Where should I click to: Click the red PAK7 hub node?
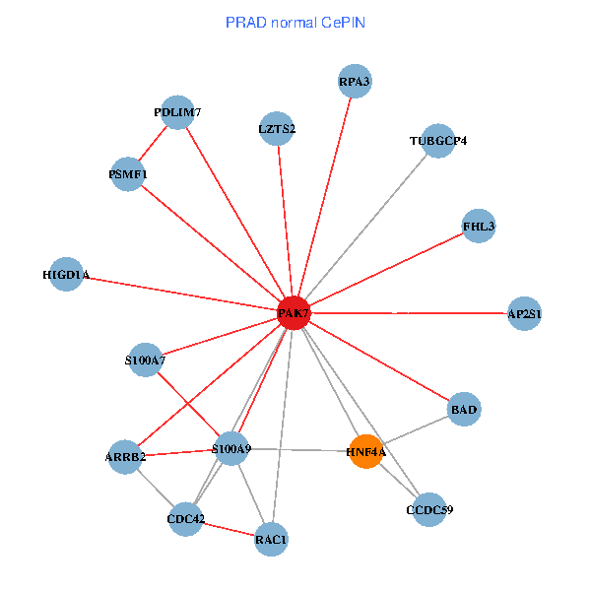tap(294, 313)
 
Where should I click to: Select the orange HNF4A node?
tap(365, 451)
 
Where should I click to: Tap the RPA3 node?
tap(354, 82)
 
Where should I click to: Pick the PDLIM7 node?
tap(177, 112)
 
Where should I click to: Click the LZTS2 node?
tap(277, 128)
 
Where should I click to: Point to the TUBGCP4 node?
tap(437, 140)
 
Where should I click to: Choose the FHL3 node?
tap(478, 227)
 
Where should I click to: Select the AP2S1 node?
tap(524, 313)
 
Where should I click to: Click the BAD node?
tap(464, 408)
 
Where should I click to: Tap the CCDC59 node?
tap(429, 509)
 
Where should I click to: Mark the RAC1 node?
tap(271, 539)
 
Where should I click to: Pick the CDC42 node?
tap(185, 518)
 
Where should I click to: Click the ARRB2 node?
tap(125, 456)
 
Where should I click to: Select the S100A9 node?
tap(231, 449)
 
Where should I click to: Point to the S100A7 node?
tap(145, 361)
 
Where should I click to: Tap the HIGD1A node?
tap(66, 274)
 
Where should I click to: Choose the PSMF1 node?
tap(128, 174)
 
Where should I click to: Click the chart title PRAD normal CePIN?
tap(295, 22)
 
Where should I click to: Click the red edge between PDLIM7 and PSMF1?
tap(153, 144)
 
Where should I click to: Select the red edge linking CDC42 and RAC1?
tap(229, 529)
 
